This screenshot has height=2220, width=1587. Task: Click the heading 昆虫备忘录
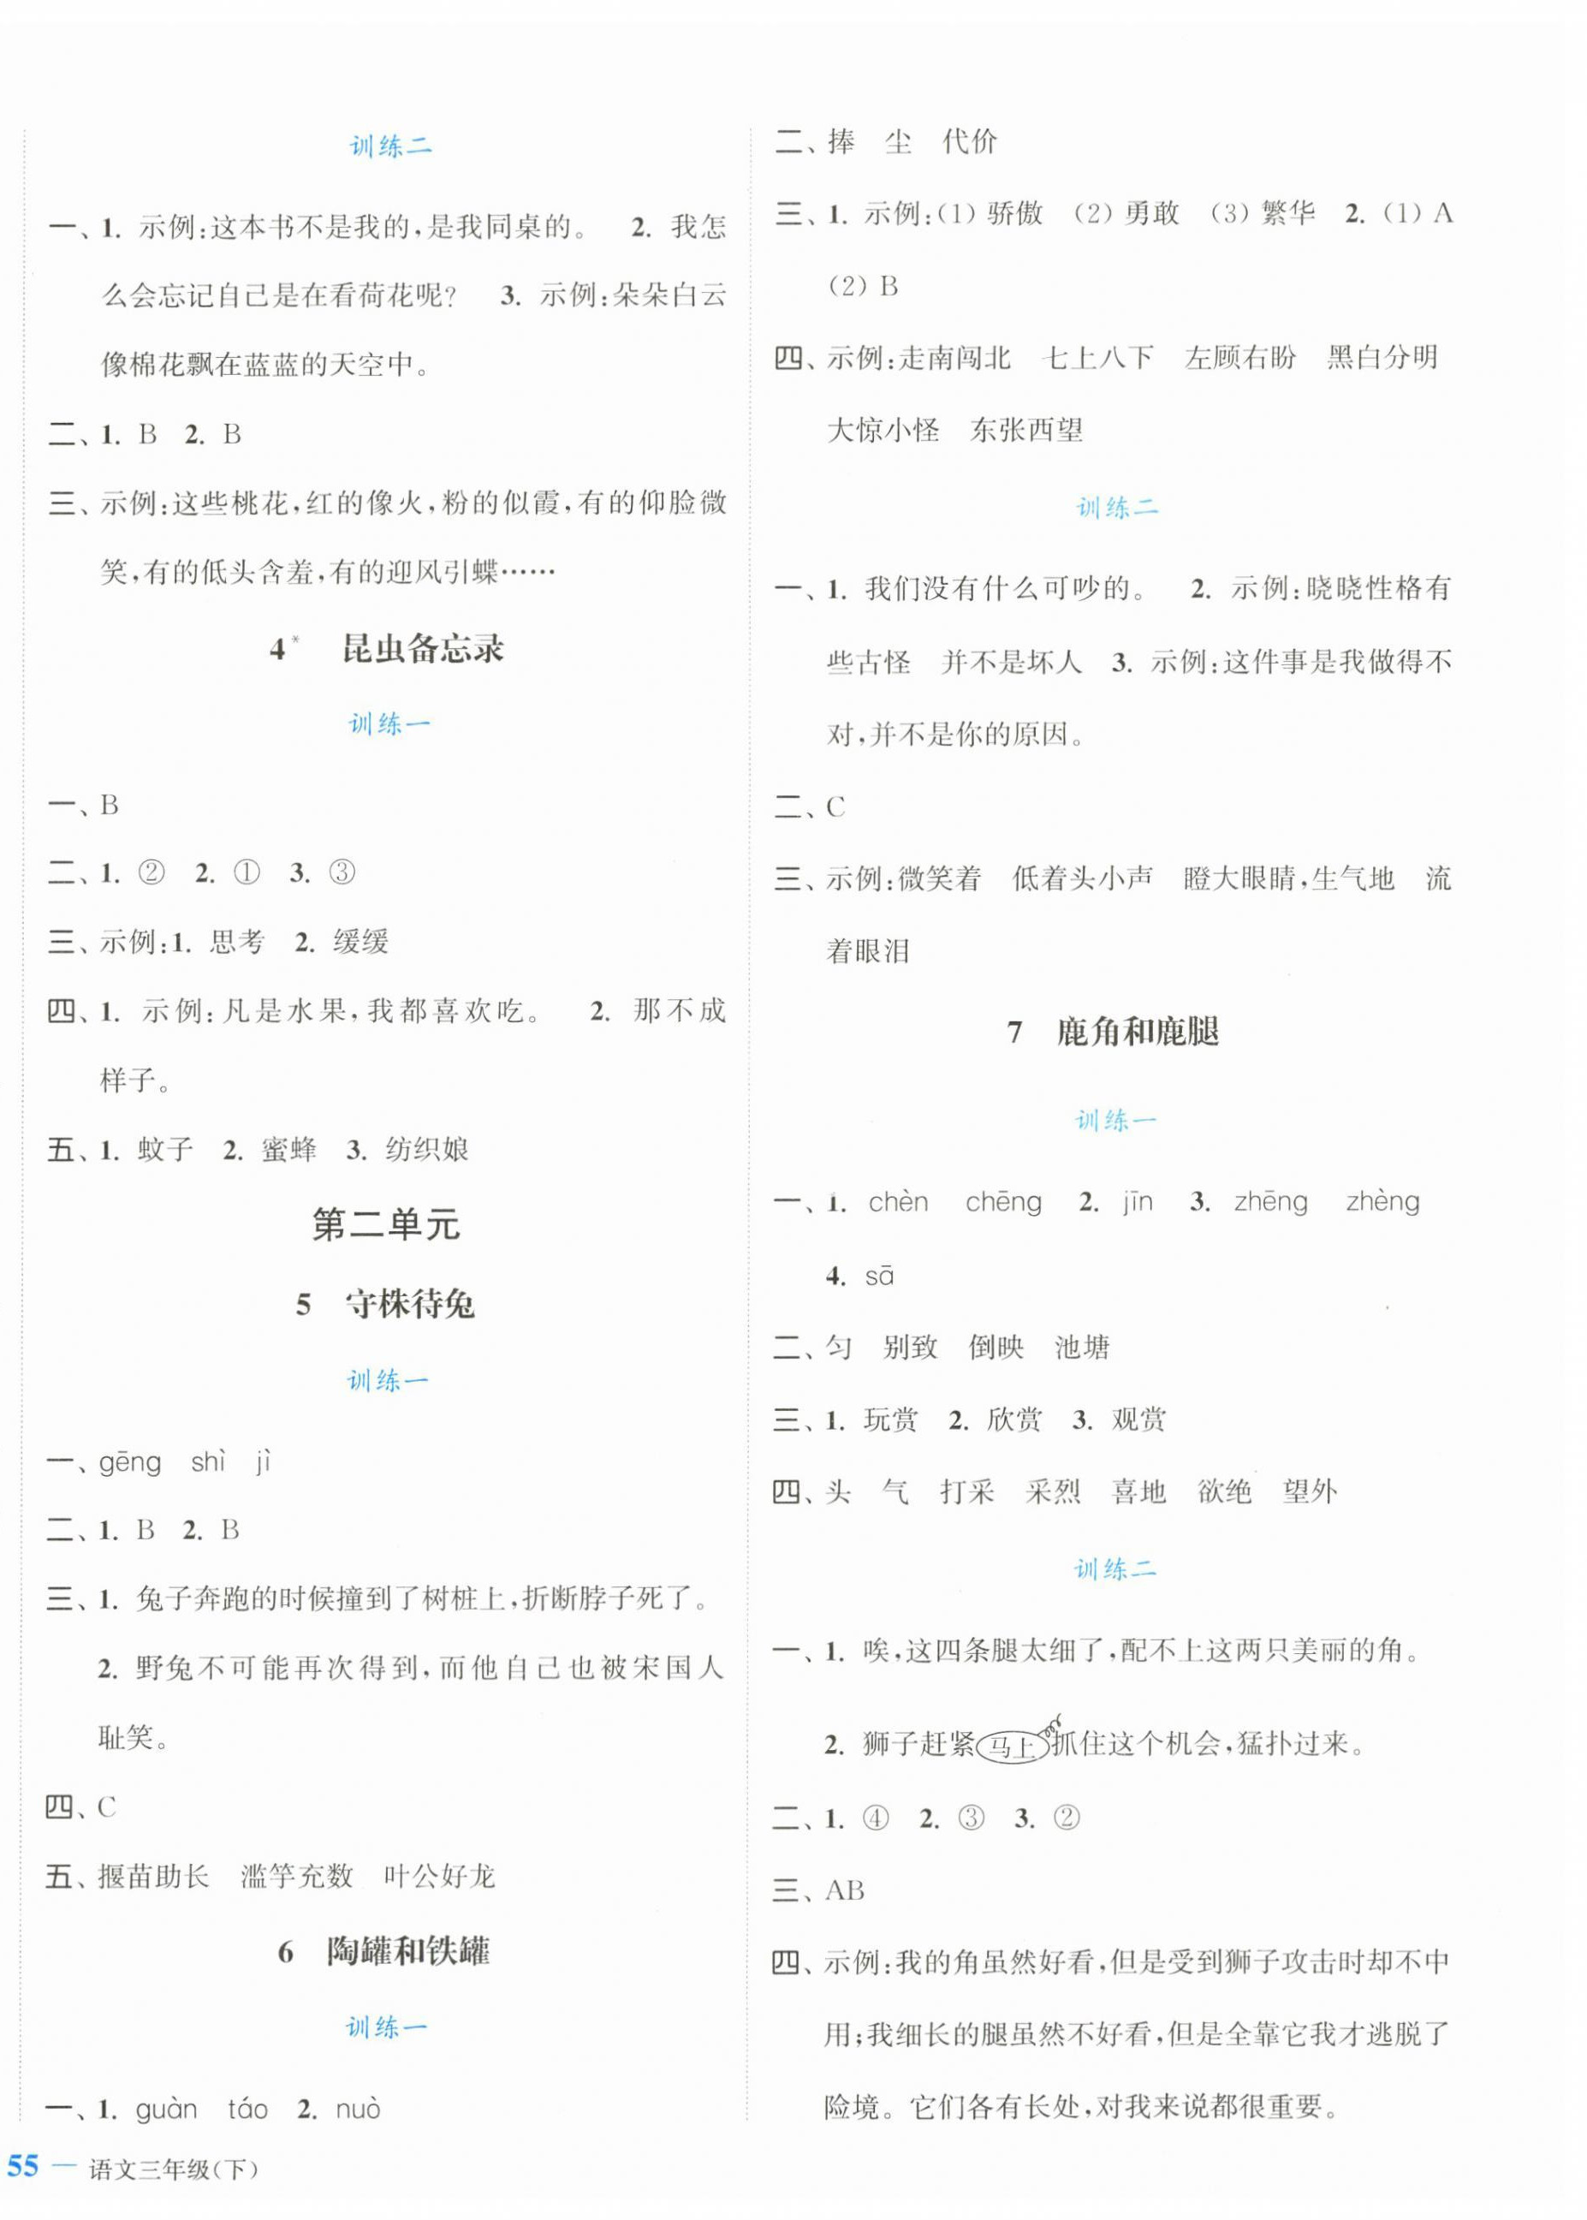coord(422,649)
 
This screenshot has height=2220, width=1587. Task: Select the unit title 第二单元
coord(386,1224)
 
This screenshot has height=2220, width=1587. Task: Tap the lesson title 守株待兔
coord(409,1305)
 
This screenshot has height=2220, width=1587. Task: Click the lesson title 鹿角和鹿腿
coord(1138,1032)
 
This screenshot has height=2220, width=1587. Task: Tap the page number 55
coord(22,2167)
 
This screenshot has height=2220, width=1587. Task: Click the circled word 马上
coord(1012,1745)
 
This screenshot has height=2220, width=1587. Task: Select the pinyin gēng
coord(130,1463)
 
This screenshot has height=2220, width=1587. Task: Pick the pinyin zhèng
coord(1382,1202)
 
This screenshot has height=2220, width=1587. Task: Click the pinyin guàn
coord(166,2110)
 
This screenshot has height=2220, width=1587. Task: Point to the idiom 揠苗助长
coord(153,1876)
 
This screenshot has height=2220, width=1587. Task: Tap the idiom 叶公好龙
coord(440,1876)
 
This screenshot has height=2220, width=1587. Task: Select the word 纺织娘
coord(428,1150)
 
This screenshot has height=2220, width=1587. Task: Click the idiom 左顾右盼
coord(1240,358)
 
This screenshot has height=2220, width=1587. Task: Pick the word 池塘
coord(1083,1348)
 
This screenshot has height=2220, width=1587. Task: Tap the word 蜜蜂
coord(289,1150)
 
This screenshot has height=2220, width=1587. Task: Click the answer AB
coord(846,1890)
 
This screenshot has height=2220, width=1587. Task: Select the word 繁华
coord(1288,214)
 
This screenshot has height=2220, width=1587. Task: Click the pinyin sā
coord(879,1277)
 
